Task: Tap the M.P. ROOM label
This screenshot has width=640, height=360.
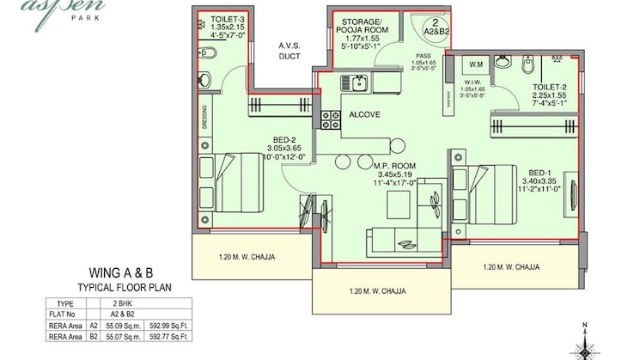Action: coord(395,166)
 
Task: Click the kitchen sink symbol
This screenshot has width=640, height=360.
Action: coord(355,83)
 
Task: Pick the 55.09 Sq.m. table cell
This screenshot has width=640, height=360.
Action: coord(118,327)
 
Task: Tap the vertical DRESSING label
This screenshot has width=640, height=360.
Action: coord(204,116)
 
